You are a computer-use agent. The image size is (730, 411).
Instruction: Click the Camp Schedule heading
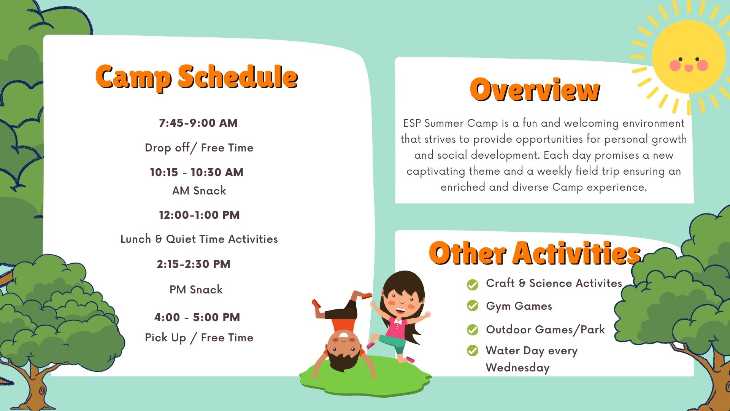[196, 77]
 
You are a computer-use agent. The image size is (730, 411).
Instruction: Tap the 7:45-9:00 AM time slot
[198, 123]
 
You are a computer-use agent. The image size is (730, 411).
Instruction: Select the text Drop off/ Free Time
[199, 148]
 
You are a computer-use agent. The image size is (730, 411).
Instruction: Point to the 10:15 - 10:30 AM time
[197, 172]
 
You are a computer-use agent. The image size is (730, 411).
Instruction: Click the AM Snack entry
[199, 191]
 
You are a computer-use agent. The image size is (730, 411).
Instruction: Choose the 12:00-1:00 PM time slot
[199, 215]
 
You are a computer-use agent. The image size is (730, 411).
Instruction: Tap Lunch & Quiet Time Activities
[199, 239]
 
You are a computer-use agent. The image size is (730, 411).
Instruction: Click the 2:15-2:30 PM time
[194, 264]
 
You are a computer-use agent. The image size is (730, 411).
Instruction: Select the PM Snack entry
[196, 290]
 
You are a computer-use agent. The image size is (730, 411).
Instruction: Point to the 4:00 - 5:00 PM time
[197, 317]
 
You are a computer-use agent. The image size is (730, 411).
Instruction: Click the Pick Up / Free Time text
[199, 338]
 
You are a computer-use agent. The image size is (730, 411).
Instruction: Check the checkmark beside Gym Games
[473, 306]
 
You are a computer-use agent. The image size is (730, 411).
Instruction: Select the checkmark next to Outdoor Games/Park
[473, 330]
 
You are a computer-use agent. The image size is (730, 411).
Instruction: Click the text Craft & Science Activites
[554, 283]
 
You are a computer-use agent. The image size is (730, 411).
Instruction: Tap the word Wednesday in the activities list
[517, 368]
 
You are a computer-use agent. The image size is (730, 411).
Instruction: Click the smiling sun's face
[689, 57]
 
